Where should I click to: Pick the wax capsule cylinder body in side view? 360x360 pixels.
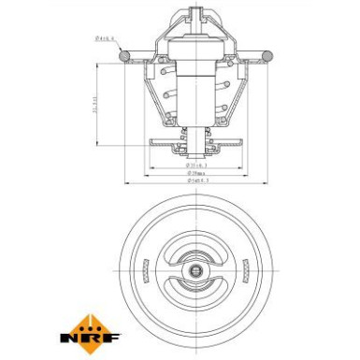[195, 79]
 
